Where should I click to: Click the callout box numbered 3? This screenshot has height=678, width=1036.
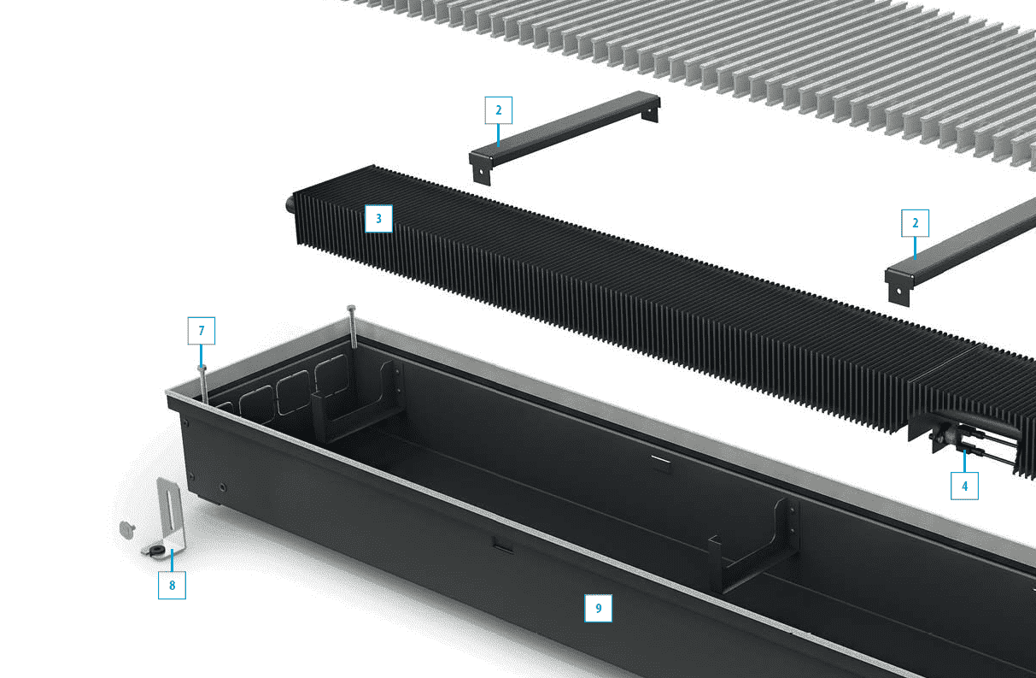coord(379,219)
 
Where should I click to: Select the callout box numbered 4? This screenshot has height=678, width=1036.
coord(964,486)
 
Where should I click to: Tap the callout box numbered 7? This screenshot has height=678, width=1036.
coord(202,331)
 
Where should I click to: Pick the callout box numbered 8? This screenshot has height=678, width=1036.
coord(172,585)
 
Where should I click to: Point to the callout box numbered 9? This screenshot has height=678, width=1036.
coord(598,608)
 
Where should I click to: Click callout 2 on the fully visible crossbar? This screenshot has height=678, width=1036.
coord(499,110)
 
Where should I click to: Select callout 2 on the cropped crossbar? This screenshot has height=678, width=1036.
coord(915,223)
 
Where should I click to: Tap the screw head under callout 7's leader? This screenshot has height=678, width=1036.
coord(202,368)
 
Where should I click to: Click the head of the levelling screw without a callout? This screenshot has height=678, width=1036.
coord(351,308)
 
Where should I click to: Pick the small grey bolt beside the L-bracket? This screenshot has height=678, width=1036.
coord(126,530)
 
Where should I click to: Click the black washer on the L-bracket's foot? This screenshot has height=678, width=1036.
coord(157,550)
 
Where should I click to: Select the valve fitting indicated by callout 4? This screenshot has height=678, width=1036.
coord(944,436)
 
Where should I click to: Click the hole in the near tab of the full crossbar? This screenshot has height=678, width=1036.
coord(481,171)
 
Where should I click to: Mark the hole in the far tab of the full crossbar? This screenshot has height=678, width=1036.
coord(649,112)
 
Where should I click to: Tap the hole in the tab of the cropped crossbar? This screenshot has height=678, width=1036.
coord(898,292)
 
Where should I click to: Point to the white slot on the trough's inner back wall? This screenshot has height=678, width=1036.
coord(660,459)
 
